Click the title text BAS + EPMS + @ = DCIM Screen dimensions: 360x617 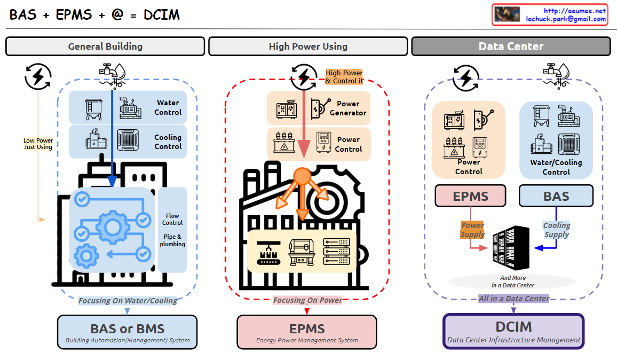94,14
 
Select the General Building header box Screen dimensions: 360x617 105,46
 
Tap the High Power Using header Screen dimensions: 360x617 308,46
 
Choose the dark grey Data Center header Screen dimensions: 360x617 511,46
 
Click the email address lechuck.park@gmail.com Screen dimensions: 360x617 566,19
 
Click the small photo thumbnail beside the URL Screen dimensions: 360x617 507,14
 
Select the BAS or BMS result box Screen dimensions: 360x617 127,332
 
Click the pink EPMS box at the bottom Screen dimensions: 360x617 307,332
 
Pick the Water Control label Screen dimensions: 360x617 168,107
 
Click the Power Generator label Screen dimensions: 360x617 348,108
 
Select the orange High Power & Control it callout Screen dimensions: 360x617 344,77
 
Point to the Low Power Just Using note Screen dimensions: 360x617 38,144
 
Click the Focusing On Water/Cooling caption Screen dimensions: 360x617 128,301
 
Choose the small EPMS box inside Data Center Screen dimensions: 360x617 470,196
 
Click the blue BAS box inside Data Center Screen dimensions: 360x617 556,196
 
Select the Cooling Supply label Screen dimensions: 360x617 557,230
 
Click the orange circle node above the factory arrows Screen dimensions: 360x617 302,176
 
